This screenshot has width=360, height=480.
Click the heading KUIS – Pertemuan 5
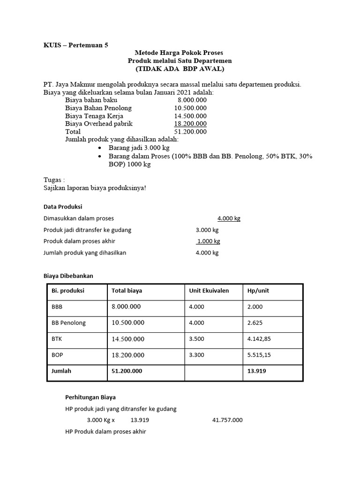pos(75,45)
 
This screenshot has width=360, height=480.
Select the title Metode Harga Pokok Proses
pos(180,53)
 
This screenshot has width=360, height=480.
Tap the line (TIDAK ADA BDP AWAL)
pos(180,69)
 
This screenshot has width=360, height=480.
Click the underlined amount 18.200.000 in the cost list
pos(190,124)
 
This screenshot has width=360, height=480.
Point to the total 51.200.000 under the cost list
pos(190,132)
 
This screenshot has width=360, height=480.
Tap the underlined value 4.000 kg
pos(229,218)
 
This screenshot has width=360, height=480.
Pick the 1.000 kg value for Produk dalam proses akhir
pos(208,241)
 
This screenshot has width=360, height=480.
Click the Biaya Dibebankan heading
pos(68,276)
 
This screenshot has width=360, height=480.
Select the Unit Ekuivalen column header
pos(209,291)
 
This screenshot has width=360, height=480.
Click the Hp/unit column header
pos(258,291)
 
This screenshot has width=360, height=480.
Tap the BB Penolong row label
pos(68,322)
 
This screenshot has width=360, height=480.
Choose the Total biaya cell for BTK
pos(128,339)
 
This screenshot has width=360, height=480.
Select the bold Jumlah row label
pos(61,371)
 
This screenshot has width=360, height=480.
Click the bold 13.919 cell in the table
pos(256,371)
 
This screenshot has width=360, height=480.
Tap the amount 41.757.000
pos(227,420)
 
